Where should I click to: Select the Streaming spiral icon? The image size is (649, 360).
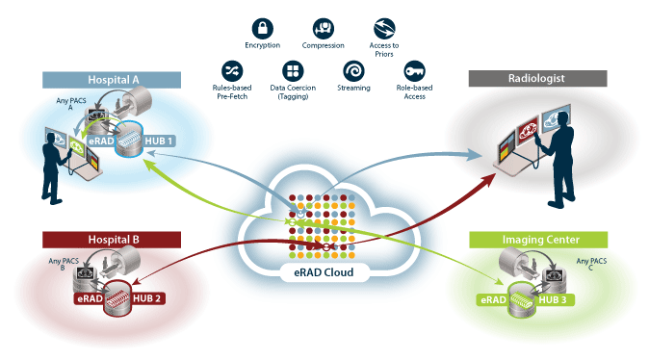tap(355, 71)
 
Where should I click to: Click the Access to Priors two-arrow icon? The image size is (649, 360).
tap(385, 28)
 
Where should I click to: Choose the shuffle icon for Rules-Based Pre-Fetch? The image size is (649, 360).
tap(232, 71)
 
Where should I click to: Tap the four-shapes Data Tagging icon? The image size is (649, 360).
tap(294, 71)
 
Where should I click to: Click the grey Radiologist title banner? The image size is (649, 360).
tap(537, 79)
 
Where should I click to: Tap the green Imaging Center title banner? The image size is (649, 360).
tap(537, 240)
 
